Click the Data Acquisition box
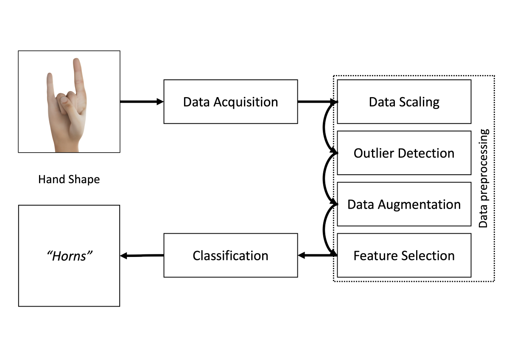(230, 102)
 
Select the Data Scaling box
(404, 102)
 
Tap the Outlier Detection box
(404, 153)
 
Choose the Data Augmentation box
(404, 204)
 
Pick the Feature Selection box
(404, 256)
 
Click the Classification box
(230, 256)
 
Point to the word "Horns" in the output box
(69, 256)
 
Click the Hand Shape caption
(69, 179)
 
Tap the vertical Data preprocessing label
(484, 178)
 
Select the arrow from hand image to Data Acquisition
(142, 102)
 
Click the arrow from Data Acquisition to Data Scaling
(316, 102)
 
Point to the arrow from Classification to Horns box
(142, 256)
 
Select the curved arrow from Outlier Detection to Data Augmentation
(324, 179)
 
